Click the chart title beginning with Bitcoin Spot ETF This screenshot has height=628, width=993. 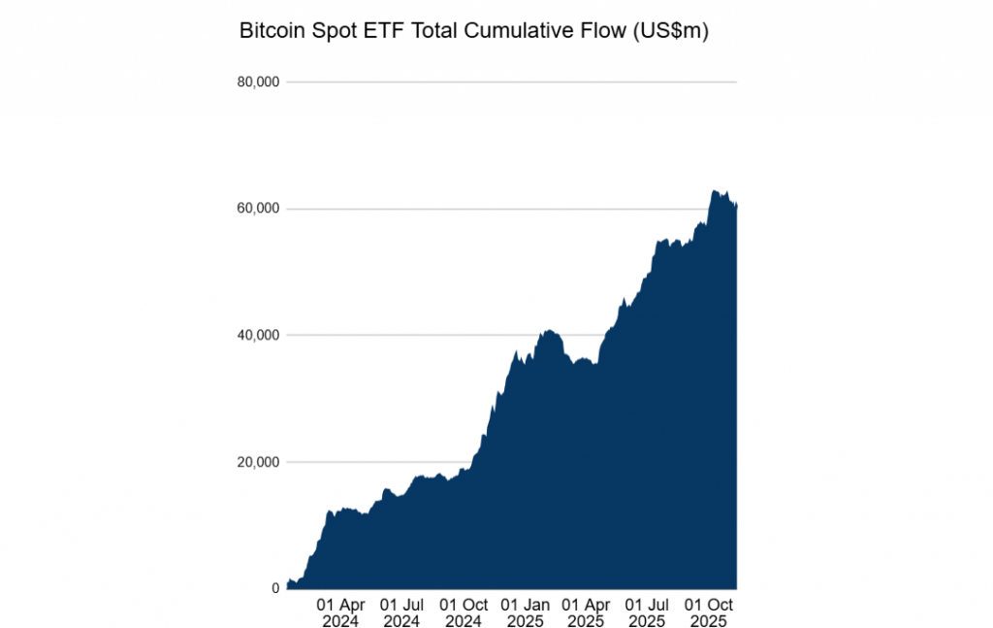[x=474, y=32]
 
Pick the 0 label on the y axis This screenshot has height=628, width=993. [x=275, y=588]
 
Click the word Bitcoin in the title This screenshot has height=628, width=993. [x=272, y=32]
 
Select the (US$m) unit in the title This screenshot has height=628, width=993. [x=670, y=32]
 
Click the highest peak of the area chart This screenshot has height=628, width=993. [x=713, y=191]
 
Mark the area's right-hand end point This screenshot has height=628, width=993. [x=737, y=205]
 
